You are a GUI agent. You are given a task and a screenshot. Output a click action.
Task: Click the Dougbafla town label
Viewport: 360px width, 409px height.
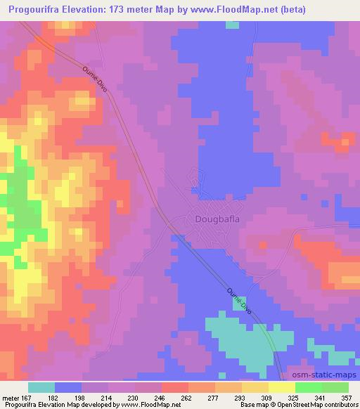[217, 219]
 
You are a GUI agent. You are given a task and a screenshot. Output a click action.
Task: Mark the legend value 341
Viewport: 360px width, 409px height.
[321, 398]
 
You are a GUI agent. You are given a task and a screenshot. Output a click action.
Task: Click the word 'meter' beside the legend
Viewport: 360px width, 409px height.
[12, 398]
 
